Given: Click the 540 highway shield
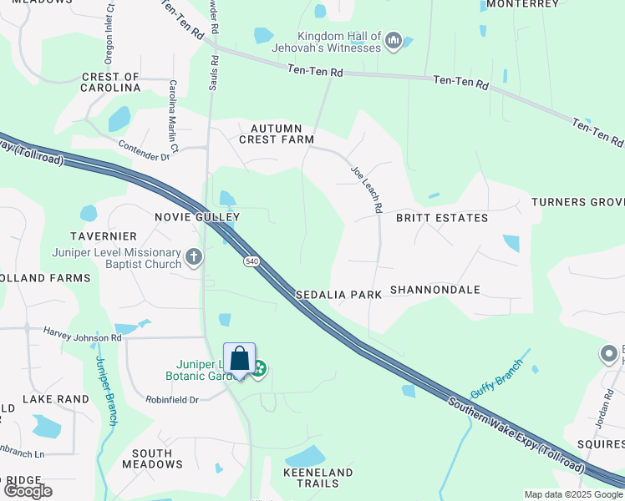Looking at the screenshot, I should pos(251,262).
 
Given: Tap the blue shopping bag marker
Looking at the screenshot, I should pos(240,359).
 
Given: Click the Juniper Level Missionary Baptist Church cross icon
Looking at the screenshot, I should pos(194,257).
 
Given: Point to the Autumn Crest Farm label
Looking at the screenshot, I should pos(277,134).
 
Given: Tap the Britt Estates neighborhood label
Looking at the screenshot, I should pos(442,218).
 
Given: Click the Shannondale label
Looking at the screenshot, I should pos(435,290).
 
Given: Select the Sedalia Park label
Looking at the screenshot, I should pos(338,295).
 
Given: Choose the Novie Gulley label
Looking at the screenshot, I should pos(197,217).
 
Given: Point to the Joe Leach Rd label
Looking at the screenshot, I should pos(367,189).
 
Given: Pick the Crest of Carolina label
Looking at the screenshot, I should pos(110,82).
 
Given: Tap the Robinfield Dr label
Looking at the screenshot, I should pos(170,400).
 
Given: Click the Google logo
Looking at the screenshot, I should pos(28,491).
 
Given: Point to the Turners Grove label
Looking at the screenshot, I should pos(577,203).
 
